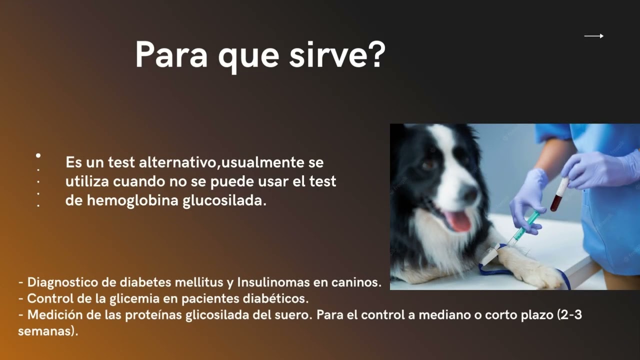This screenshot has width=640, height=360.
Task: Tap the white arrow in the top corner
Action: coord(594,36)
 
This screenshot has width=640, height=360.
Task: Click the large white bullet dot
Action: coord(38,156)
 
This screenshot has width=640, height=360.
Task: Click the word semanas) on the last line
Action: coord(48,331)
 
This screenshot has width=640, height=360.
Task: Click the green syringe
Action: coord(525,227)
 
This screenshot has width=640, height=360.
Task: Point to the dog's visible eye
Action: coord(428,164)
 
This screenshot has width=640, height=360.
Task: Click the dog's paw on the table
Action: coord(535,272)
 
